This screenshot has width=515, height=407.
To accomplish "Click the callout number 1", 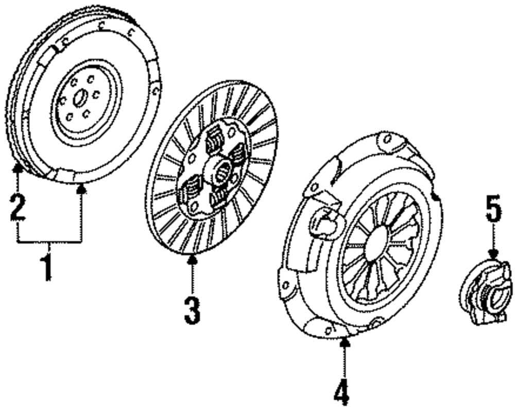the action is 48,264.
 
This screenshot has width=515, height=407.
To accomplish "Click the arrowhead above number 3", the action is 192,259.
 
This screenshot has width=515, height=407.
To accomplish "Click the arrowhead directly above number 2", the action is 18,166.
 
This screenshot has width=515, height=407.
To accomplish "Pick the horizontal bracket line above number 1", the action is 49,241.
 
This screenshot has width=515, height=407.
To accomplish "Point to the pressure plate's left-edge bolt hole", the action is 285,285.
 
